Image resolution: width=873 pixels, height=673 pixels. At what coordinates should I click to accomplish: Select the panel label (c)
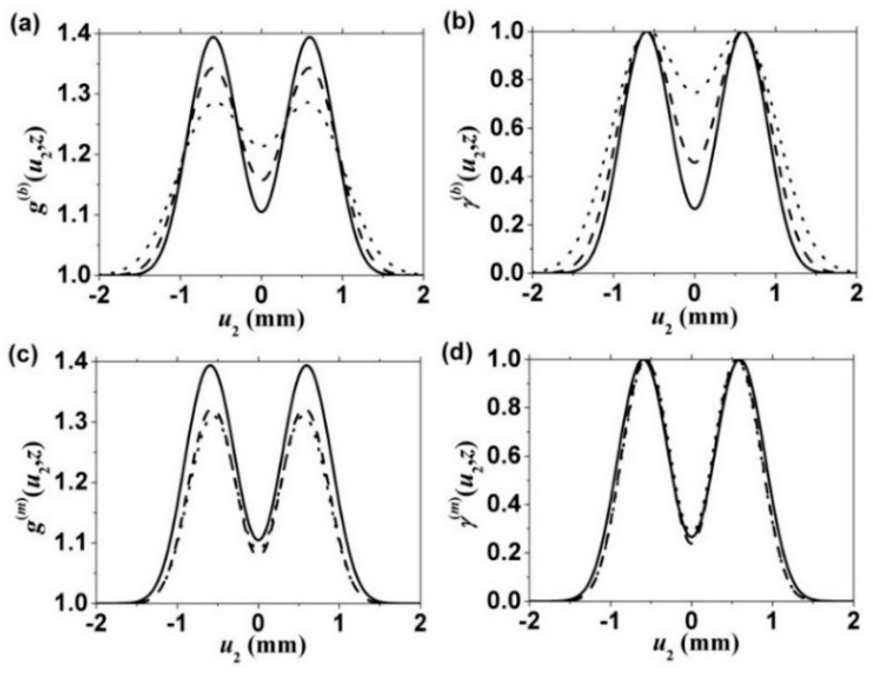25,353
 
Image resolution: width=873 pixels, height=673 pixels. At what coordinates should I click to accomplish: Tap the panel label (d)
460,353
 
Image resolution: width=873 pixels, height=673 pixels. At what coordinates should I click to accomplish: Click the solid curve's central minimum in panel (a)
262,212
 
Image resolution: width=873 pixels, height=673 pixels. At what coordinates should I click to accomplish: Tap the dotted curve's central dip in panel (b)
695,93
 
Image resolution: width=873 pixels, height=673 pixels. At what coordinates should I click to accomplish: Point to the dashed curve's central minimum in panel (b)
695,162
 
